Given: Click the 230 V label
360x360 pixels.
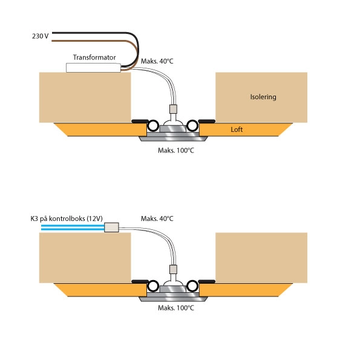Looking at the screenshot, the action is point(41,36).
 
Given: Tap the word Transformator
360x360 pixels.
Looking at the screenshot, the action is point(94,57).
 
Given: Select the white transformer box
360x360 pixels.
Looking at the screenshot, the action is point(93,68).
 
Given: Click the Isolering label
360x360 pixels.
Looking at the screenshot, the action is point(263,97).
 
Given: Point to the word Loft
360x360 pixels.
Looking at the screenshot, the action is point(237,129).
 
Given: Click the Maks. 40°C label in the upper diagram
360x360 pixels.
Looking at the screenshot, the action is point(157,61).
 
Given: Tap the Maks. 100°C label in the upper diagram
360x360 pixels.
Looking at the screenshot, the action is point(176,151).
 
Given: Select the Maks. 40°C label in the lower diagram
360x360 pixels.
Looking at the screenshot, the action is point(157,218).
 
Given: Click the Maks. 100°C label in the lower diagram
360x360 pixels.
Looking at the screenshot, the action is point(176,307).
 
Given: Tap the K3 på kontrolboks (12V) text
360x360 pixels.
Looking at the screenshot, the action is point(67,218).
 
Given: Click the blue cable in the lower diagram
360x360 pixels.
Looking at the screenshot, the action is point(73,227).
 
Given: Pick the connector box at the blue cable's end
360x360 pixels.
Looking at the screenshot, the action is point(111,227).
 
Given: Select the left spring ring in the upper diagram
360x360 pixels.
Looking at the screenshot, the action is point(153,126).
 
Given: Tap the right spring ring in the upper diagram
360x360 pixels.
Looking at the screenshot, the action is point(192,126).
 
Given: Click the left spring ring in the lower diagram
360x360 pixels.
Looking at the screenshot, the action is point(153,286).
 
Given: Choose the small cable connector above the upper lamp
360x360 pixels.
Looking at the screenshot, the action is point(173,109).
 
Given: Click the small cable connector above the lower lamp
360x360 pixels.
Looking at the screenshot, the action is point(173,269).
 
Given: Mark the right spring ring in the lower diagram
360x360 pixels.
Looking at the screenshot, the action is point(192,286).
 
